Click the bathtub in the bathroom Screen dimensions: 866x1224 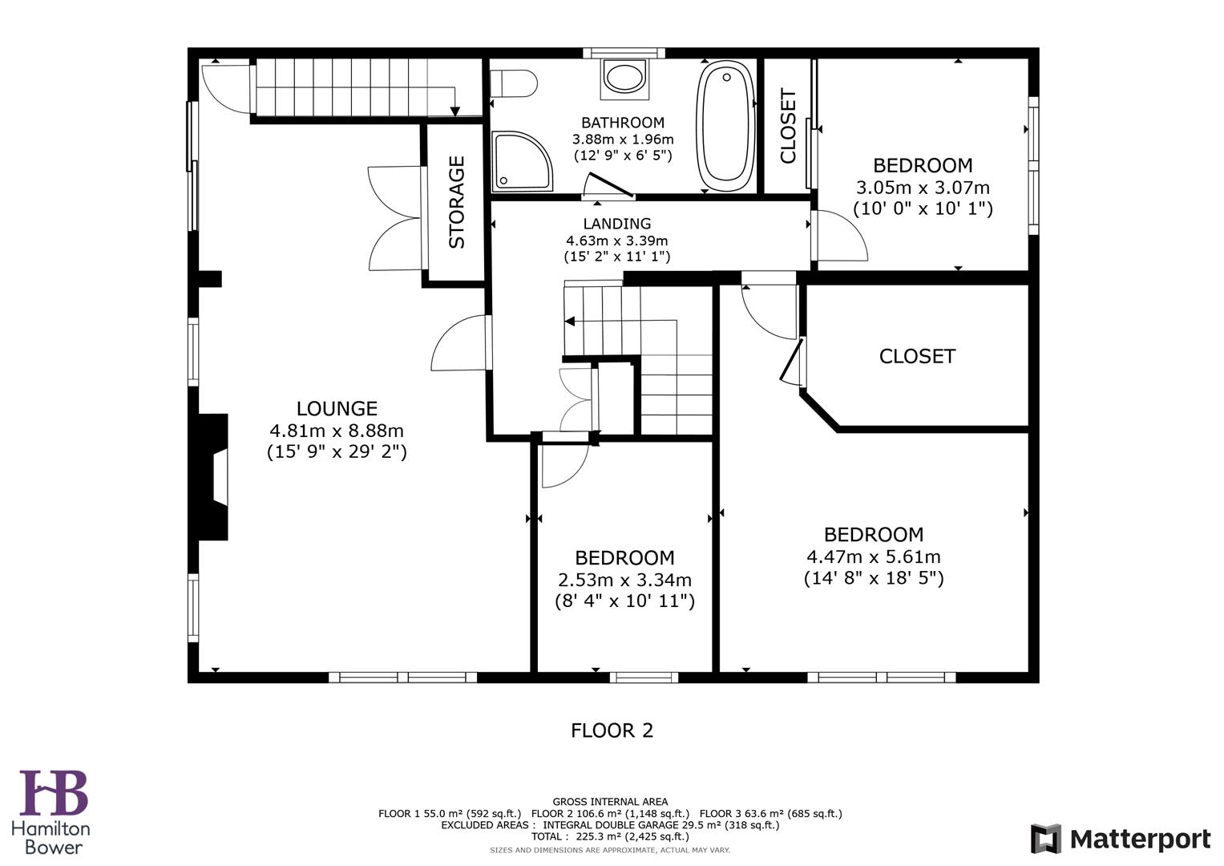pos(727,126)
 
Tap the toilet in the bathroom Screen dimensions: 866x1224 pos(514,83)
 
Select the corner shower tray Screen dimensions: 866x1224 pos(521,162)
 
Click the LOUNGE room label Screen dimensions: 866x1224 pos(337,408)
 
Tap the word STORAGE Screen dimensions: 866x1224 pos(456,202)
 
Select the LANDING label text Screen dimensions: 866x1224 pos(616,224)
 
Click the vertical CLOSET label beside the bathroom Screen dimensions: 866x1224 pos(788,126)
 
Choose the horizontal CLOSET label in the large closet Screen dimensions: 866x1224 pos(917,356)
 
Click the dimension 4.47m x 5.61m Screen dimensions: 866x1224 pos(873,556)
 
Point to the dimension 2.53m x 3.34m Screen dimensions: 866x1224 pos(624,580)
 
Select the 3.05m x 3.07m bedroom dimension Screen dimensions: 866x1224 pos(923,188)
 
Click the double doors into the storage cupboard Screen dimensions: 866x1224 pos(397,218)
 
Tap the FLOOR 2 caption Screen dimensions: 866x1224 pos(612,730)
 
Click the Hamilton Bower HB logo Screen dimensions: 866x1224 pos(54,793)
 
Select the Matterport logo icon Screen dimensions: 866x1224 pos(1045,839)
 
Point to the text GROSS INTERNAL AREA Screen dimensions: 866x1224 pos(610,802)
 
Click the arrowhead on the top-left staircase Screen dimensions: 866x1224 pos(454,111)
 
